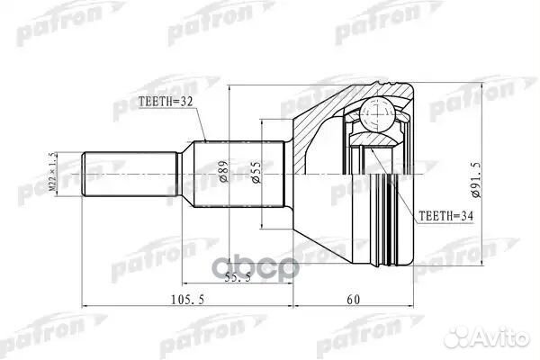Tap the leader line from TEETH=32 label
coord(203,125)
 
